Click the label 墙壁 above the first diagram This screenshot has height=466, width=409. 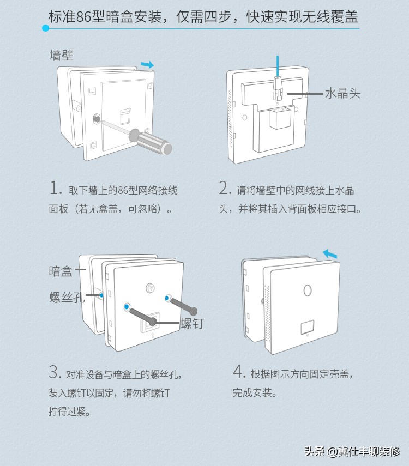coord(61,55)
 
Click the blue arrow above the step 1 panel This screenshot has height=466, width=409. coord(147,65)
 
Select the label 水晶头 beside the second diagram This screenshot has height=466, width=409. coord(342,93)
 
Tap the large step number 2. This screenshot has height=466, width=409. coord(225,189)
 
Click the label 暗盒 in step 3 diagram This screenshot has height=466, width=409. coord(61,271)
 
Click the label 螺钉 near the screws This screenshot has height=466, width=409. coord(192,323)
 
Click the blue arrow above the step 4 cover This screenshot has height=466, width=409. coord(329,254)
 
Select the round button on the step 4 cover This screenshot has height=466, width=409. coord(308,290)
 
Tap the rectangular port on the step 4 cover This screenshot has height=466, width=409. coord(307,328)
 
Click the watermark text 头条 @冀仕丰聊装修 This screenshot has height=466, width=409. coord(352,451)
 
